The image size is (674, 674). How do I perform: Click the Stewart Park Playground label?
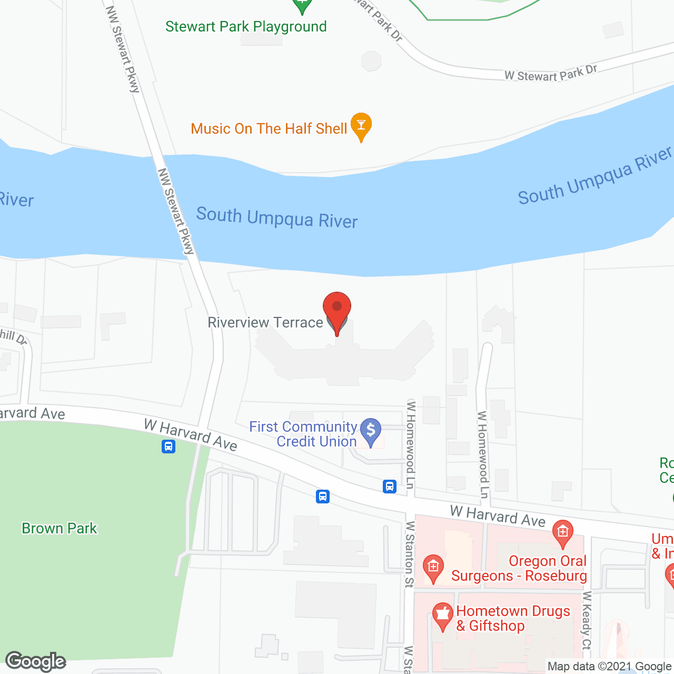(246, 26)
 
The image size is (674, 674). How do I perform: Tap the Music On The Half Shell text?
(269, 128)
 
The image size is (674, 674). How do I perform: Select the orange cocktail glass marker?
(361, 125)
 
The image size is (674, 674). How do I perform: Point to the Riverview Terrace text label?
(265, 322)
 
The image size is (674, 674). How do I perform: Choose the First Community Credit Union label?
(303, 434)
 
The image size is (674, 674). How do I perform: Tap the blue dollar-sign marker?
(371, 431)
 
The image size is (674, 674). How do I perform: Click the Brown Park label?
(60, 528)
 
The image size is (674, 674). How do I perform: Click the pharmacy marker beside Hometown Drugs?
(442, 615)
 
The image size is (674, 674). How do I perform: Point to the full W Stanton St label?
(410, 554)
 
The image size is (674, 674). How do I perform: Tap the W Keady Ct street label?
(587, 620)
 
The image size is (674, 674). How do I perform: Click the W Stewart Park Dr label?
(551, 74)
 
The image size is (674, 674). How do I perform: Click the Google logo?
(36, 661)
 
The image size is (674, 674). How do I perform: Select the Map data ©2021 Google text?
(610, 667)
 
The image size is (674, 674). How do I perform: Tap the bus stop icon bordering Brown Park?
(168, 447)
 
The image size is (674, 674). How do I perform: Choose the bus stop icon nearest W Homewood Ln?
(390, 486)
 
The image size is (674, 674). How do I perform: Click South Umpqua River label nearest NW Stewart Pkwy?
(277, 217)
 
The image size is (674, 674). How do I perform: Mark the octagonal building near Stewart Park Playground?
(371, 61)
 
